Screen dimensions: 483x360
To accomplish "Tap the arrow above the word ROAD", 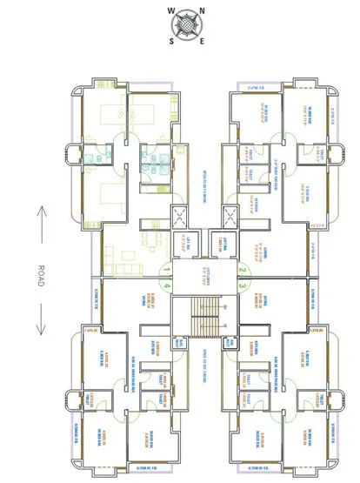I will coord(41,223).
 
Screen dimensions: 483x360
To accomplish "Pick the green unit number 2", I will coord(244,269).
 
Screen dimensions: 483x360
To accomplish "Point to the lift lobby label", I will coord(207,277).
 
